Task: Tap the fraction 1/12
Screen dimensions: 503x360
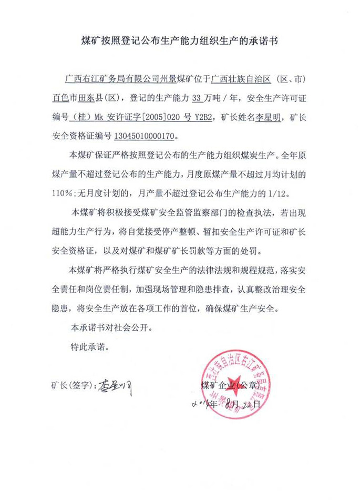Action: point(279,192)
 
